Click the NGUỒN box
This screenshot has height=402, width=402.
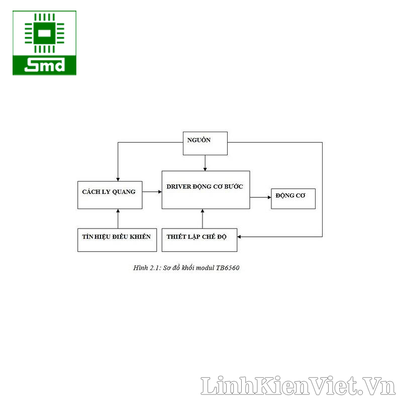205,143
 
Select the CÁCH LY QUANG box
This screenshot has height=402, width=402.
110,195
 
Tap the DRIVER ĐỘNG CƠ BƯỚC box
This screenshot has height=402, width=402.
206,189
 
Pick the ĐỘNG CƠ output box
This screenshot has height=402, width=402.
293,198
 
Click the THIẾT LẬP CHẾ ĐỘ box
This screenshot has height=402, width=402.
199,240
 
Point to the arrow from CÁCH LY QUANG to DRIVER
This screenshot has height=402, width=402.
152,191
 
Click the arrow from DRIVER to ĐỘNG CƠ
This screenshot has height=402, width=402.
260,197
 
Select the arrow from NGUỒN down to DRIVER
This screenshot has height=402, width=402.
205,163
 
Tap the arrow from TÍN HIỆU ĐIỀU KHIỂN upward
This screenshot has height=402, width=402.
118,219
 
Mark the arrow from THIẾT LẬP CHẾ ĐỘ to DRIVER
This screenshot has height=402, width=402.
203,219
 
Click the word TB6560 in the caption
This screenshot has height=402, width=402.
228,268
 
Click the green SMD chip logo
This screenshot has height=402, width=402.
45,43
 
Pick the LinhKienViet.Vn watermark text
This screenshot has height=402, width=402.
298,386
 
